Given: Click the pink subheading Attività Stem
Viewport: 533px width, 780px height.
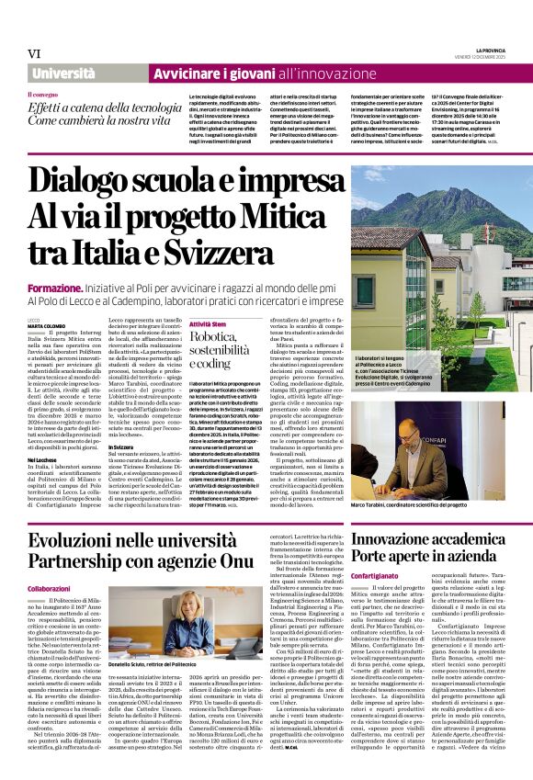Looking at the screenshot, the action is (207, 324).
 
